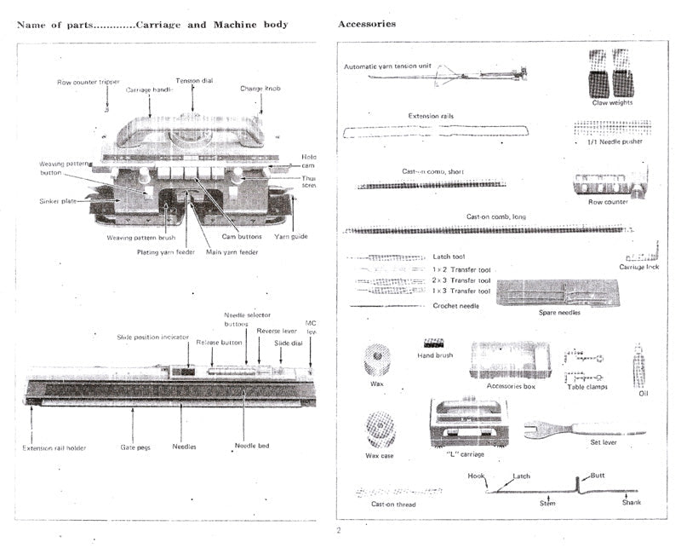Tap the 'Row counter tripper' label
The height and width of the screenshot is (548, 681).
89,83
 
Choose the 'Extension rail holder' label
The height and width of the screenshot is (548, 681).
54,447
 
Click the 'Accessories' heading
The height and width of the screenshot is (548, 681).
367,24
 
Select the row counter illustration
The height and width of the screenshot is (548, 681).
607,183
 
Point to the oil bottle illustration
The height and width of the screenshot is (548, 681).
639,366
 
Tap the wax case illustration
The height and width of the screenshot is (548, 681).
380,430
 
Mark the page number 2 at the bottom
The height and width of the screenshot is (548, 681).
338,531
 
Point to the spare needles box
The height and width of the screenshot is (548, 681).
560,293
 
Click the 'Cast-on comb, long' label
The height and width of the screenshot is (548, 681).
495,216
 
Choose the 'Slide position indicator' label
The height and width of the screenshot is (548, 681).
153,337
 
